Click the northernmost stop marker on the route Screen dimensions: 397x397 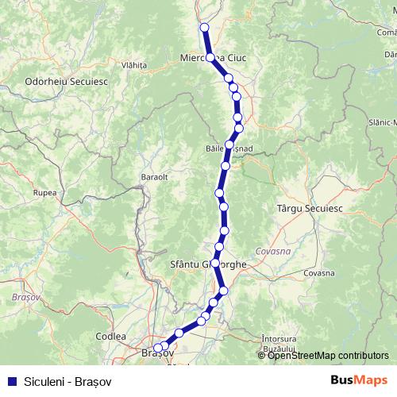click(204, 28)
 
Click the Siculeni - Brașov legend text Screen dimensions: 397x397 click(67, 380)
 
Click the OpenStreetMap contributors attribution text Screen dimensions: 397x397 click(327, 355)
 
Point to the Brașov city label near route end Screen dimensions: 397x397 click(156, 353)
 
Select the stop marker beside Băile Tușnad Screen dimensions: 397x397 click(229, 145)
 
